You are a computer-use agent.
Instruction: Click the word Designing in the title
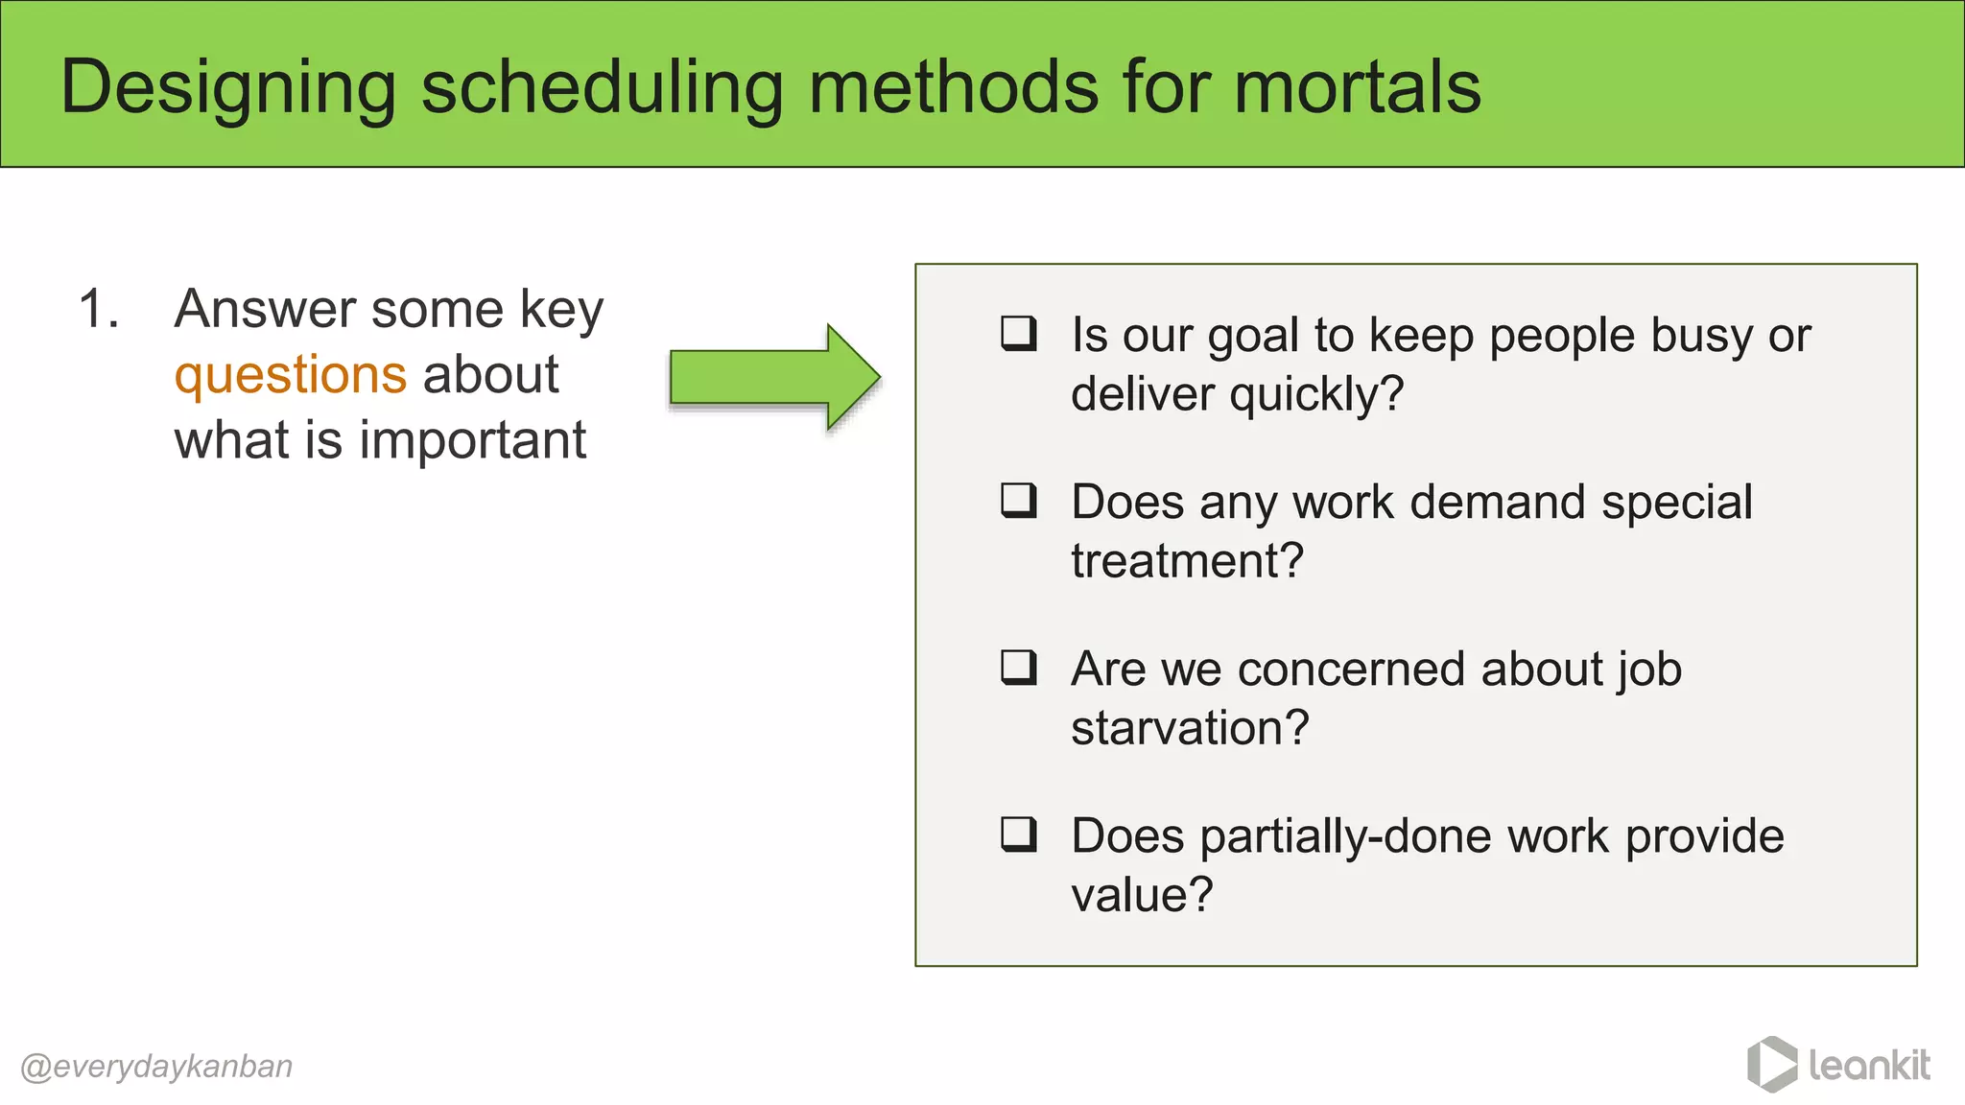pos(227,88)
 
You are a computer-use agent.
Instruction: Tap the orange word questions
pos(291,375)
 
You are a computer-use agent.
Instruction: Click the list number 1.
pos(98,309)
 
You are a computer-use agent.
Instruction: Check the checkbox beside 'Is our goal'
pos(1018,333)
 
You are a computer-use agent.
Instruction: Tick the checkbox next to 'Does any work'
pos(1018,500)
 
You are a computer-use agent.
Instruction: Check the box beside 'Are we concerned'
pos(1018,667)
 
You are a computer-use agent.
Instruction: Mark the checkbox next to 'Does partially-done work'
pos(1018,834)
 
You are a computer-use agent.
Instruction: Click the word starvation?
pos(1189,727)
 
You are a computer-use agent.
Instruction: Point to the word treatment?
pos(1187,560)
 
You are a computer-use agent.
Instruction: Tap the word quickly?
pos(1316,394)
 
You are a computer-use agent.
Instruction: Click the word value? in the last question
pos(1142,895)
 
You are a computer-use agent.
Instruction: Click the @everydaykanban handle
pos(156,1067)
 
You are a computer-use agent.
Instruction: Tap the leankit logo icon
pos(1771,1065)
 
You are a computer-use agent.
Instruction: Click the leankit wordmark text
pos(1869,1065)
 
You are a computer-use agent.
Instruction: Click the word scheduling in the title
pos(603,88)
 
